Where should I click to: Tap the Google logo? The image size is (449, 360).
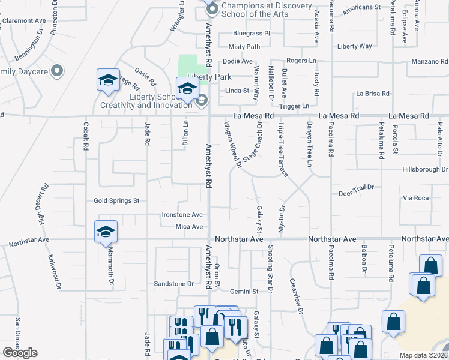(x=20, y=353)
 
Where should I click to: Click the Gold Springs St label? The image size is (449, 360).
(x=116, y=200)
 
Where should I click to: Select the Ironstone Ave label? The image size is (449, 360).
(x=182, y=214)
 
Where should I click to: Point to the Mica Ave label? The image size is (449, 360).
(x=189, y=227)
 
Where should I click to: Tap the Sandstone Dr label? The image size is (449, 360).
(x=175, y=283)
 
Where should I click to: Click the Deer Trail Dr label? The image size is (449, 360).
(x=356, y=187)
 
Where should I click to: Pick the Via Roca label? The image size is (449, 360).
(x=416, y=197)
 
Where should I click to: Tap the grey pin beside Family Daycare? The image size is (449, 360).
(x=57, y=71)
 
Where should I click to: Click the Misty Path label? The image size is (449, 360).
(x=244, y=47)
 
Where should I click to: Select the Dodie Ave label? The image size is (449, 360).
(x=238, y=61)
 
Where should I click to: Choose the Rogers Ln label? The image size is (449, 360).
(x=301, y=61)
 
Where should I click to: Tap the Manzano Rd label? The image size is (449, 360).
(x=429, y=61)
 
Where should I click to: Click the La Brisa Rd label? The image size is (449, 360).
(x=373, y=94)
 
